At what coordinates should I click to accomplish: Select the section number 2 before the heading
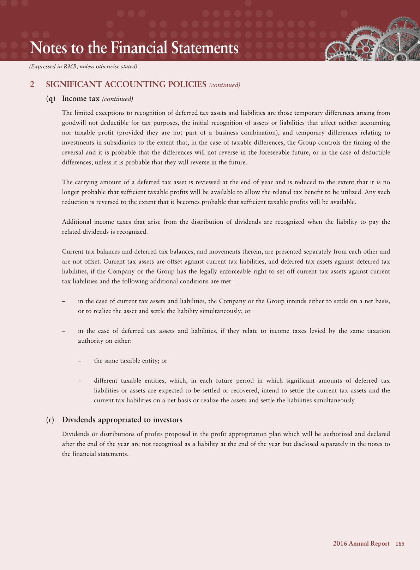coord(32,84)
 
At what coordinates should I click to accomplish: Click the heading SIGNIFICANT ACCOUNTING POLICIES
coord(126,84)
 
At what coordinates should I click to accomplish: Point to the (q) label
coord(51,98)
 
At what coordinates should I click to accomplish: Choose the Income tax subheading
coord(80,98)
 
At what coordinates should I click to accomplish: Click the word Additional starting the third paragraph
coord(76,222)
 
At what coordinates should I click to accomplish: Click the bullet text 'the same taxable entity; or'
coord(131,361)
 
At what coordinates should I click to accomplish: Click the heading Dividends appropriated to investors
coord(122,420)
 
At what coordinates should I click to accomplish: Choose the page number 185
coord(400,544)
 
